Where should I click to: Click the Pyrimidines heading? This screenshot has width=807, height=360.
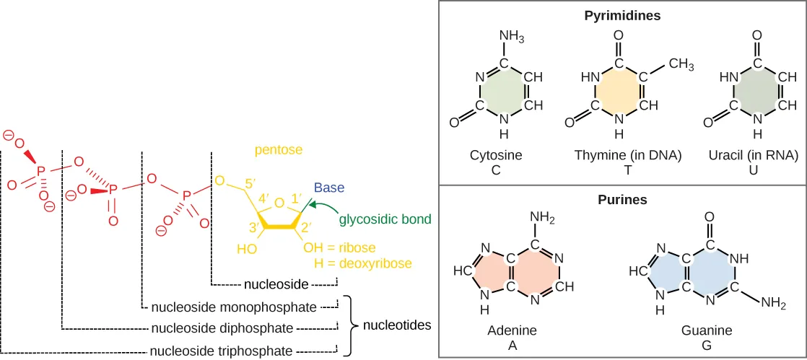tap(623, 14)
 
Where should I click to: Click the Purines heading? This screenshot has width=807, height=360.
tap(623, 198)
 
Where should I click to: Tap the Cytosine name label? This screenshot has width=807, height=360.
tap(496, 155)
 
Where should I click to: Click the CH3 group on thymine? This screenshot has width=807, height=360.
tap(681, 65)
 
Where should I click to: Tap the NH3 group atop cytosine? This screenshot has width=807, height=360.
tap(511, 36)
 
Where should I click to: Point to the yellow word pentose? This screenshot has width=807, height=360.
tap(278, 150)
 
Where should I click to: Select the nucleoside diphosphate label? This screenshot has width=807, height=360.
tap(222, 329)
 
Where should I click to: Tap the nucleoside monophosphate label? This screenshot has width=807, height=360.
tap(234, 307)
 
